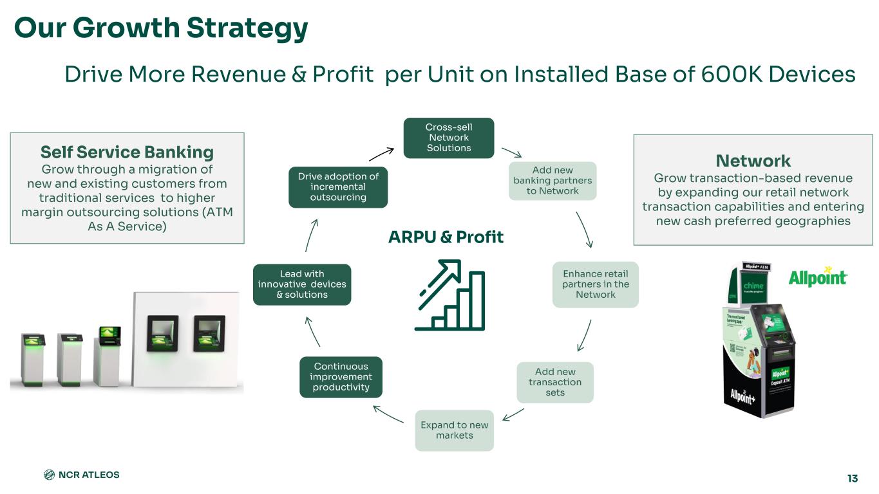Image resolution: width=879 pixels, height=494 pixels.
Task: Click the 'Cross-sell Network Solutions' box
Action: (448, 138)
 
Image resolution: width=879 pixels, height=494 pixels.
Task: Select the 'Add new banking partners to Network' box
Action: (553, 181)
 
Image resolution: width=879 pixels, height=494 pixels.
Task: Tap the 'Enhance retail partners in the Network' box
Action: (595, 284)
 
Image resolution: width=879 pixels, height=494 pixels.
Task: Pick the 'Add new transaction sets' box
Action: (554, 382)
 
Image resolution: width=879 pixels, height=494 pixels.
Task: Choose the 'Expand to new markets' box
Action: (454, 430)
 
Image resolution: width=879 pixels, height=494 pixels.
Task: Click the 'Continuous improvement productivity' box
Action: (341, 377)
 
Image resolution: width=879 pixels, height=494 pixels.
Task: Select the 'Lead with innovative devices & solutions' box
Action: (302, 284)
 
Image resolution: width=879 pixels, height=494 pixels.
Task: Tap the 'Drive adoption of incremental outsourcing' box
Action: (337, 187)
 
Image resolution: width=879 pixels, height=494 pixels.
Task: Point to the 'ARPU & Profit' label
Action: (446, 237)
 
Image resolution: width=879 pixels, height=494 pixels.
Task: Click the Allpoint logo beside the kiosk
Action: (817, 277)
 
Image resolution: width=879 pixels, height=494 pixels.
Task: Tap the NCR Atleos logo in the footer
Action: (81, 475)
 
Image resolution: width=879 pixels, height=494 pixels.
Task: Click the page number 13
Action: (853, 479)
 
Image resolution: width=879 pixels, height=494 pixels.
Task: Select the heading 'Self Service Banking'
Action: (127, 152)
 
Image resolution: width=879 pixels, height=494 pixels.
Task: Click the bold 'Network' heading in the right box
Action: (753, 160)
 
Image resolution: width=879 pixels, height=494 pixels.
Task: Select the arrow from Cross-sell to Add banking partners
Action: (512, 152)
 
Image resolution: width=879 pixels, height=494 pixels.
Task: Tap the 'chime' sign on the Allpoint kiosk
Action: (753, 286)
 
